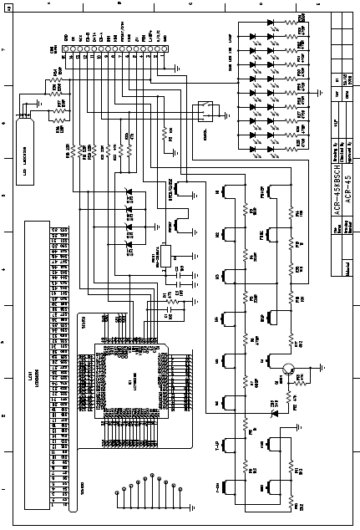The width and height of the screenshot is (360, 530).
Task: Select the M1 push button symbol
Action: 227,195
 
